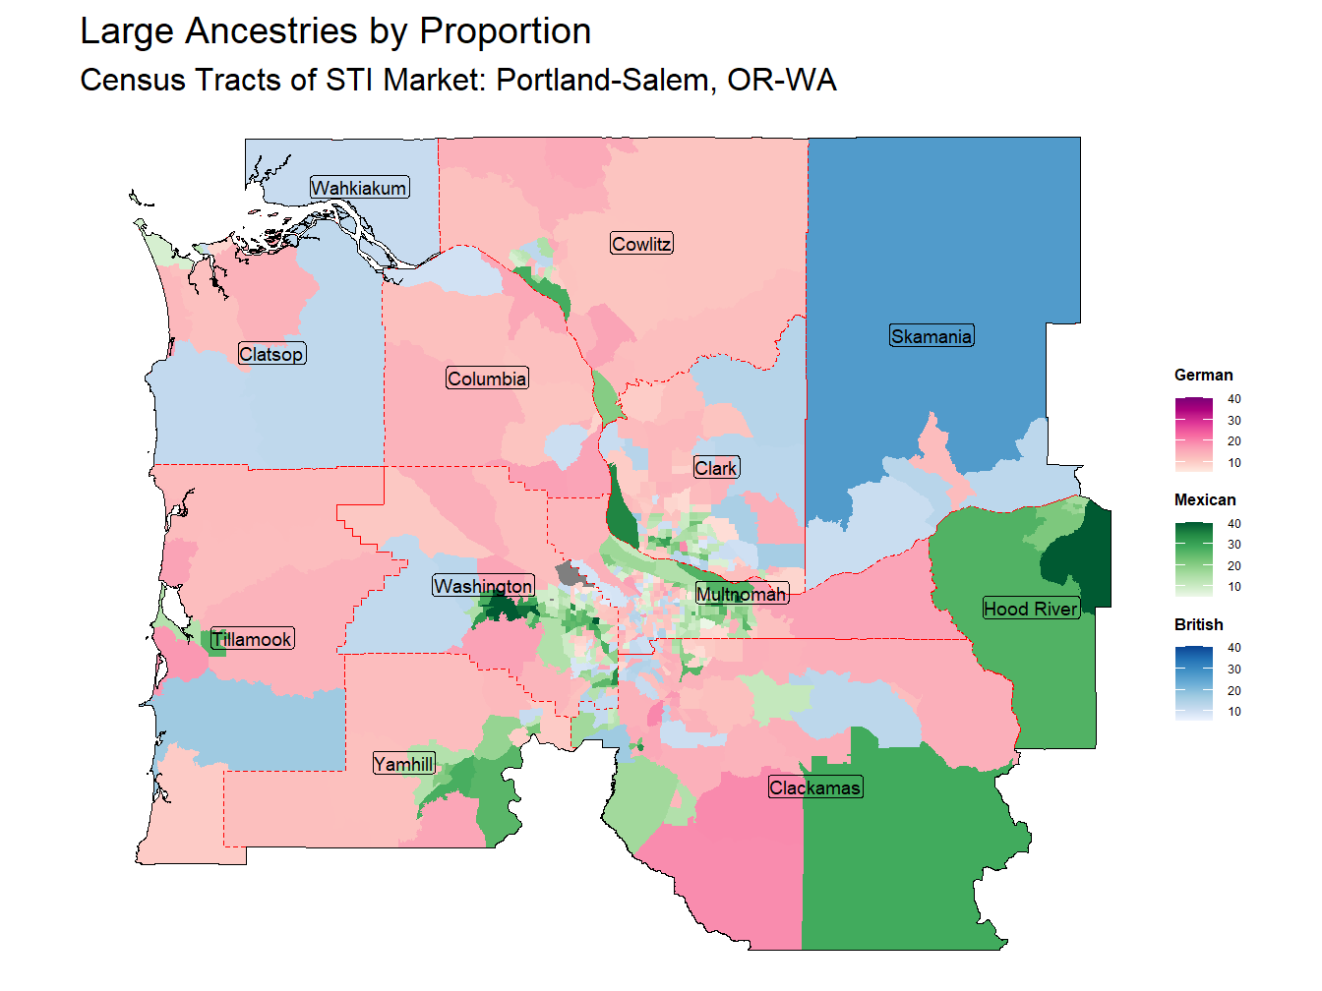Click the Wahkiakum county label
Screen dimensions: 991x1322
[x=359, y=188]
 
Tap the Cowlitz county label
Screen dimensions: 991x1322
[x=641, y=244]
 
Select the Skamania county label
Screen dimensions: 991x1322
[x=931, y=336]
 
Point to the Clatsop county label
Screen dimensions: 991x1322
[x=271, y=354]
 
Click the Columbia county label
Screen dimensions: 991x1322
[x=487, y=379]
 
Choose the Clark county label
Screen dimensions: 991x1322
[x=715, y=468]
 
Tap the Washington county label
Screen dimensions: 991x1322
[x=483, y=586]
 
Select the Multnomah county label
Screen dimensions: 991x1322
[x=742, y=594]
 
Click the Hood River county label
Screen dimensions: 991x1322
[x=1030, y=609]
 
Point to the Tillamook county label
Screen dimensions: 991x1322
[x=252, y=639]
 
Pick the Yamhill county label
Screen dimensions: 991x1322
[x=403, y=764]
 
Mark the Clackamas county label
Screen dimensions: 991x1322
[x=814, y=787]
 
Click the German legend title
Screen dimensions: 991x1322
[x=1203, y=375]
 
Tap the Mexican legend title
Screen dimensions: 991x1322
[x=1205, y=499]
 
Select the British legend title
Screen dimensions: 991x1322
[x=1198, y=624]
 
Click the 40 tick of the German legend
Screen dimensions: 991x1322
[x=1233, y=399]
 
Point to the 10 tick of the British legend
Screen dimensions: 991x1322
[x=1233, y=712]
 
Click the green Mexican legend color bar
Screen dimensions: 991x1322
[x=1193, y=559]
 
